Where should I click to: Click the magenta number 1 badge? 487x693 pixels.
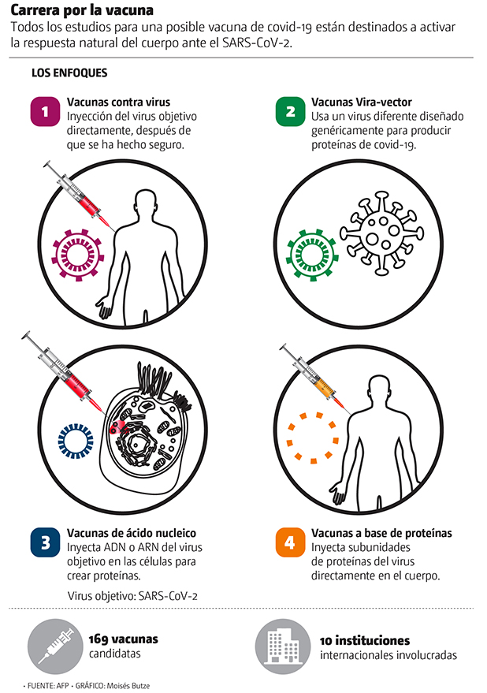point(45,111)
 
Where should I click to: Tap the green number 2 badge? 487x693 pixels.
point(290,111)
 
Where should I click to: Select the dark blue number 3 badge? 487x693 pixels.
point(45,542)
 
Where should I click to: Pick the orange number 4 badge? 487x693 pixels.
point(290,542)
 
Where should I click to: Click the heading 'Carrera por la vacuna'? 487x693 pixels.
point(82,10)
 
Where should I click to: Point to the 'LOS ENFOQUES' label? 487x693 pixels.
point(69,73)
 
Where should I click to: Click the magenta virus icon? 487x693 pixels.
point(78,255)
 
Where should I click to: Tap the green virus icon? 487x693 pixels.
point(312,255)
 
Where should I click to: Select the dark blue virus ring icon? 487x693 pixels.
point(76,441)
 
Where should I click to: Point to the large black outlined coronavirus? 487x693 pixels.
point(382,233)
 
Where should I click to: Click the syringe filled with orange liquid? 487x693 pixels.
point(315,377)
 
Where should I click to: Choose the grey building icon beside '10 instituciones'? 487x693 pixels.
point(283,646)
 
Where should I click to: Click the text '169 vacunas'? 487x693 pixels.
point(123,639)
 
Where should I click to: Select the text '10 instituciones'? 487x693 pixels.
point(365,640)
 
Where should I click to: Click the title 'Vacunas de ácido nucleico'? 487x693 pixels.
point(132,533)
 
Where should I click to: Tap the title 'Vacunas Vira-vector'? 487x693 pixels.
point(362,102)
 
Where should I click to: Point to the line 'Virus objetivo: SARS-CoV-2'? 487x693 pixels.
point(132,596)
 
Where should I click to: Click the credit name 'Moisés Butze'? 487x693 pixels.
point(128,686)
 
